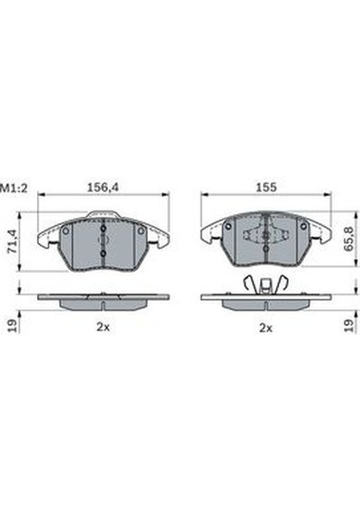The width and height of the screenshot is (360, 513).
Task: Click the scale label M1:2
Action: [13, 188]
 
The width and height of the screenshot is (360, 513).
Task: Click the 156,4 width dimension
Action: [103, 187]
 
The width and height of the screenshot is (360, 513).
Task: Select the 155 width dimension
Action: [266, 187]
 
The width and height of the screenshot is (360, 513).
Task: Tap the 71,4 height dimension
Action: [13, 241]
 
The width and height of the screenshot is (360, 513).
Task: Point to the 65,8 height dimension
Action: [349, 239]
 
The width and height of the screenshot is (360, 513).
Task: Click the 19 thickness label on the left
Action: [12, 326]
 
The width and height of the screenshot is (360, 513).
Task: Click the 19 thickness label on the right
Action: [349, 326]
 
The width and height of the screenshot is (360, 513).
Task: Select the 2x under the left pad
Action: [103, 327]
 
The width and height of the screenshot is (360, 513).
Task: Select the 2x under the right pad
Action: [265, 328]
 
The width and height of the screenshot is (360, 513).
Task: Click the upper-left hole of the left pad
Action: [66, 231]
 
